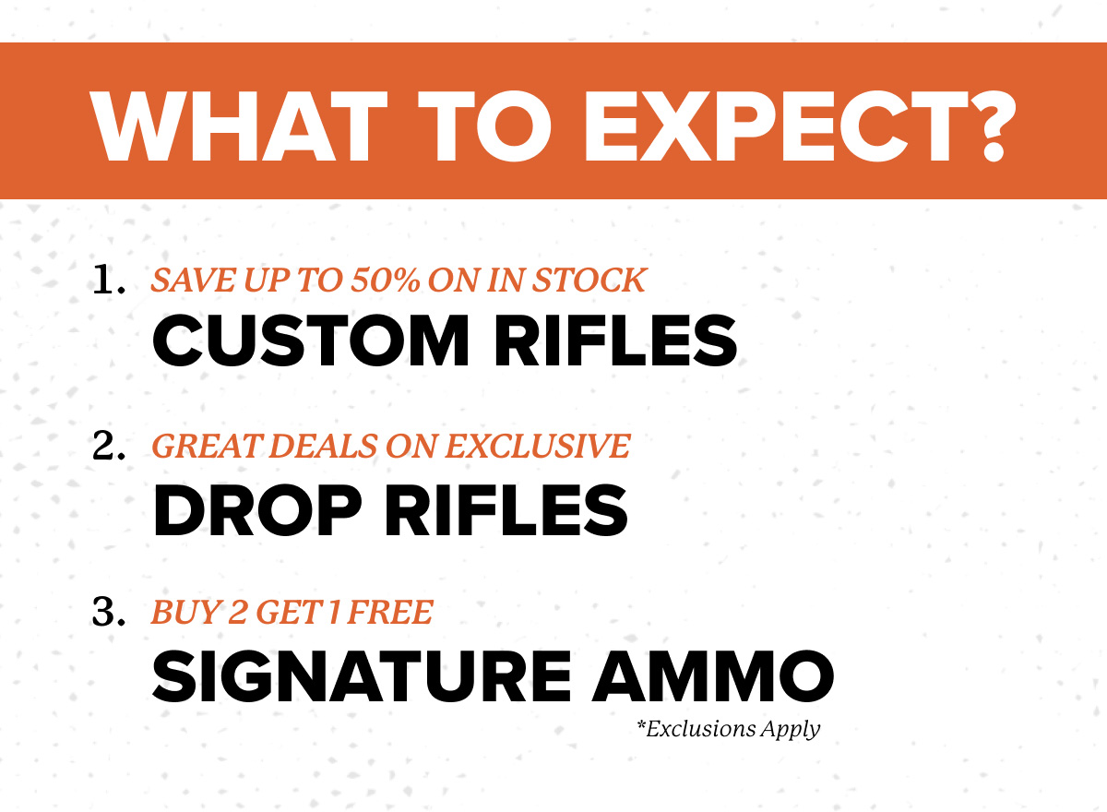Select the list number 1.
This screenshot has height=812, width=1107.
point(108,281)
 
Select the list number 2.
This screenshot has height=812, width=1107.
point(109,447)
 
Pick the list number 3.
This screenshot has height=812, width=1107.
point(109,613)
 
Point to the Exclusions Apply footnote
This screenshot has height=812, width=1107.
point(728,729)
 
